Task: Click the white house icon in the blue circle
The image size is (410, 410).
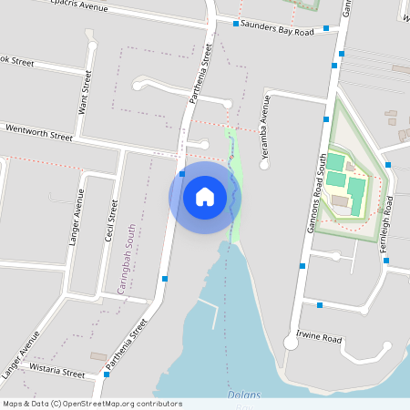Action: [x=205, y=196]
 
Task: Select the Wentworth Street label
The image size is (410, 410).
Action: [x=39, y=132]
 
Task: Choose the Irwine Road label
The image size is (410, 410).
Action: [x=319, y=338]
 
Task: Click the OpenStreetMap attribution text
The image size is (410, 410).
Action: [x=92, y=404]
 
